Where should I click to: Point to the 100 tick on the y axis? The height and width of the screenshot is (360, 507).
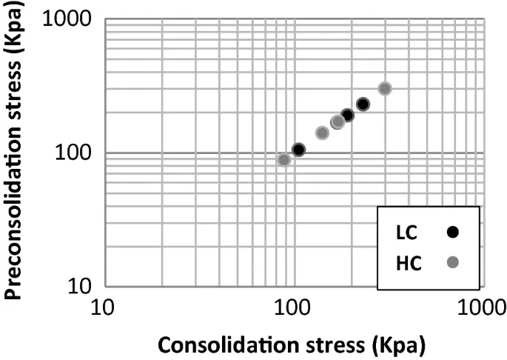74,153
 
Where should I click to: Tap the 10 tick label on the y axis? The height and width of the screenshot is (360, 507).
82,287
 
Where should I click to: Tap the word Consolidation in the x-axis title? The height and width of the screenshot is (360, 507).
221,344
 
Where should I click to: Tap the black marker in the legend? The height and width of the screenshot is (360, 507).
453,232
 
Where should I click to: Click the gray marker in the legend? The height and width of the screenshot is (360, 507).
453,261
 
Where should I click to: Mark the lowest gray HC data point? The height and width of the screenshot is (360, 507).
283,160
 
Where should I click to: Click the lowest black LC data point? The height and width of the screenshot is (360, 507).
298,150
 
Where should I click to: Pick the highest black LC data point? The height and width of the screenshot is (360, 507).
363,104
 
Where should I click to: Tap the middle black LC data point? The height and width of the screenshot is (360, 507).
347,115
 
